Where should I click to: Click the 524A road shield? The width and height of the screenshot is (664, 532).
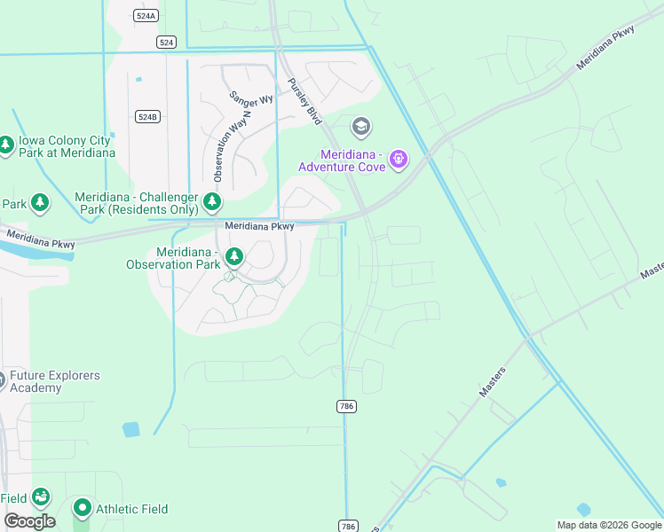tap(145, 16)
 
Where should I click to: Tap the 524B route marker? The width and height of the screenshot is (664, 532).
tap(147, 117)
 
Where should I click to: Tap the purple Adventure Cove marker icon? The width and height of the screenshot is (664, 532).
tap(399, 160)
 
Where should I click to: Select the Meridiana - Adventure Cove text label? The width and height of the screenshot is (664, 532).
tap(341, 160)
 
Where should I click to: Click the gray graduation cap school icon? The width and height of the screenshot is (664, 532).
tap(360, 128)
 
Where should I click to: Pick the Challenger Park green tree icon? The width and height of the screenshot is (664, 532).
tap(211, 202)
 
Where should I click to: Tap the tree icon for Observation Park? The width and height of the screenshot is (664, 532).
tap(233, 257)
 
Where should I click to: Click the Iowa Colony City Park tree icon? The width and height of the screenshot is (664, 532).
tap(5, 144)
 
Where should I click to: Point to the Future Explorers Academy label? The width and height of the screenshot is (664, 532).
tap(54, 381)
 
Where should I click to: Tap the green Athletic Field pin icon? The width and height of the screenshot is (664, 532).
tap(82, 508)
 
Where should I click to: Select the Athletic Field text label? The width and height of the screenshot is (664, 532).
tap(131, 509)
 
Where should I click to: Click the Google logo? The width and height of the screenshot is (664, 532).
tap(29, 521)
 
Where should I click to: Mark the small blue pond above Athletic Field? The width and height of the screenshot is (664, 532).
tap(130, 430)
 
